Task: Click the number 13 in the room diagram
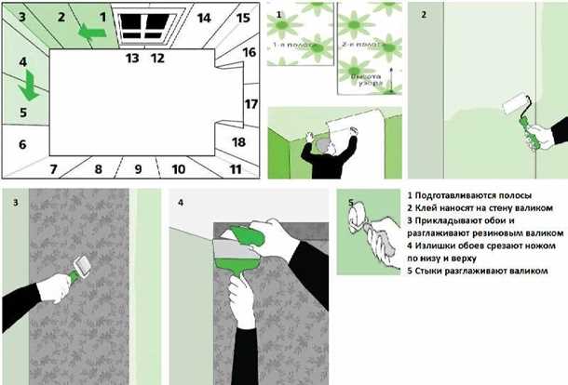pyautogui.click(x=132, y=58)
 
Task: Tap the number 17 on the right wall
pyautogui.click(x=250, y=103)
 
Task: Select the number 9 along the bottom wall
pyautogui.click(x=138, y=168)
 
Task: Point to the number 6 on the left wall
pyautogui.click(x=21, y=144)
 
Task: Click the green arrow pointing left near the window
pyautogui.click(x=90, y=33)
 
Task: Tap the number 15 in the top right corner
pyautogui.click(x=243, y=18)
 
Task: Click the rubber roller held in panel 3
pyautogui.click(x=83, y=272)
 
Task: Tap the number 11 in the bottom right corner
pyautogui.click(x=236, y=169)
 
